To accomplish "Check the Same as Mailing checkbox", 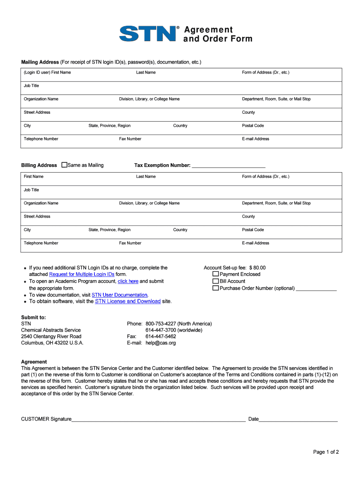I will coord(65,165).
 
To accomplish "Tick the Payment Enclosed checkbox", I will coord(216,274).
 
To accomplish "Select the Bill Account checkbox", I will coord(216,281).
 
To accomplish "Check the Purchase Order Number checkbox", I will coord(216,288).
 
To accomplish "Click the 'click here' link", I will coord(128,281).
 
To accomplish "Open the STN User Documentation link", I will coord(120,295).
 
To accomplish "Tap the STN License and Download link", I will coord(128,301).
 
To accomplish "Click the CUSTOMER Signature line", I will coord(158,419).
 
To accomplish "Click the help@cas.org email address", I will coord(160,343).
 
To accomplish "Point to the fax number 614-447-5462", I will coord(161,336).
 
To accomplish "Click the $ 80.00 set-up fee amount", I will coord(257,268).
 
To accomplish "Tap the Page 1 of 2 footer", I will coord(326,452).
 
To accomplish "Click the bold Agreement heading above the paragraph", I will coord(34,362).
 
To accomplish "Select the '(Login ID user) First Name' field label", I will coord(47,73).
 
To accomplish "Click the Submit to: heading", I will coord(34,317).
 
